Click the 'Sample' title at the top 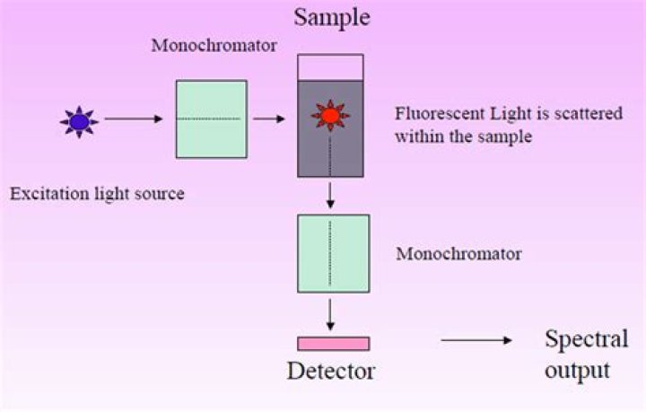click(331, 18)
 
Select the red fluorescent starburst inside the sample click(330, 116)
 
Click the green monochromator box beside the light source click(211, 118)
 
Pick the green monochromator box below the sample click(333, 253)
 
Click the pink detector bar click(333, 343)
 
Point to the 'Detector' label click(331, 371)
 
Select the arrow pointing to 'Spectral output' click(476, 341)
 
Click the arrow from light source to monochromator click(133, 118)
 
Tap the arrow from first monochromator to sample click(269, 118)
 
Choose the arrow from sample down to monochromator click(331, 194)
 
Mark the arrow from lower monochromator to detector click(331, 313)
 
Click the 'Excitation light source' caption click(97, 193)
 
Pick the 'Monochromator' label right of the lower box click(458, 254)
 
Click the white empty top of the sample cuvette click(330, 67)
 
